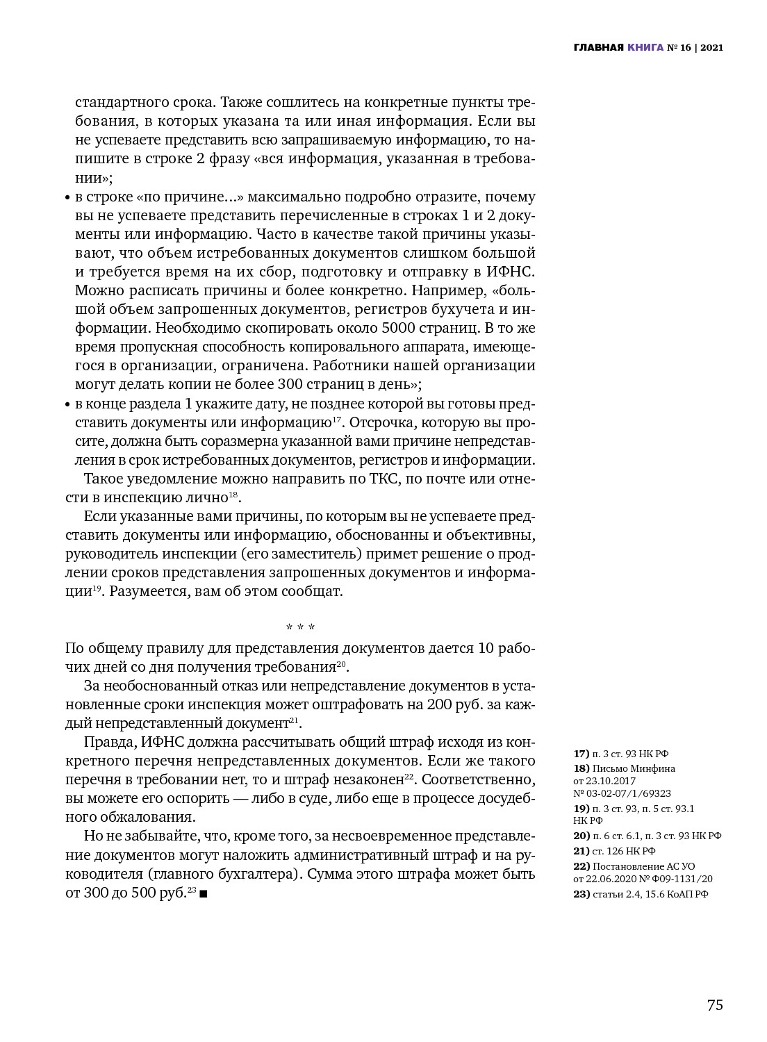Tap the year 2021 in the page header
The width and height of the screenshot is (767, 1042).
tap(711, 48)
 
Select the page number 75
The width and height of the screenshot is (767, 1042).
tap(715, 1005)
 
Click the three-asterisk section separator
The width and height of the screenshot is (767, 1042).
tap(300, 628)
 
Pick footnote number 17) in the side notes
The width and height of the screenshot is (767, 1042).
tap(581, 754)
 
